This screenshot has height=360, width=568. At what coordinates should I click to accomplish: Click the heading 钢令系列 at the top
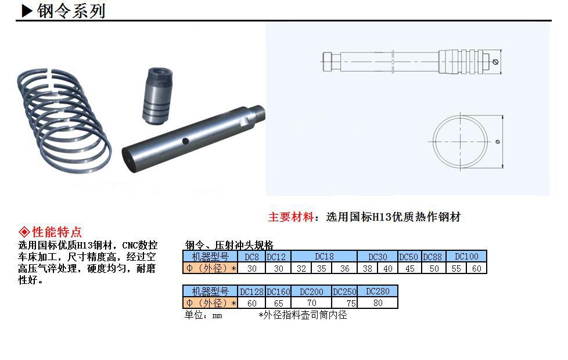coord(71,11)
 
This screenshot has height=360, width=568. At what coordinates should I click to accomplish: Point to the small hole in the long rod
coord(185,141)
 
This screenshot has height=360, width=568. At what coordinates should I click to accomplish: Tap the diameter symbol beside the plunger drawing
coord(495,62)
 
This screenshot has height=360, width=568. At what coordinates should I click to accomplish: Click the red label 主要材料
coord(291,217)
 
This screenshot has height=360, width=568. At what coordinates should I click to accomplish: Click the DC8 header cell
coord(251,257)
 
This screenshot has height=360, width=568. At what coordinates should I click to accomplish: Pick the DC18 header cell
coord(324,257)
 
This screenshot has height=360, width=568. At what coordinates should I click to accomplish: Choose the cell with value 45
coord(410,268)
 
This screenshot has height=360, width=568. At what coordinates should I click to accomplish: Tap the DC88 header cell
coord(434,257)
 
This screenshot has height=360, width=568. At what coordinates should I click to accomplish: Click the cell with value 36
coord(345,268)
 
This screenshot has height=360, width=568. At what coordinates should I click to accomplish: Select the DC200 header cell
coord(312,291)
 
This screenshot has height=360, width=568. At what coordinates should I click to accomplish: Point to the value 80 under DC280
coord(378,303)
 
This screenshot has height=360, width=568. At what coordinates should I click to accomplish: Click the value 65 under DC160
coord(278,303)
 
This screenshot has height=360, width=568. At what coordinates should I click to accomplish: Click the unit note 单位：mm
coord(203,315)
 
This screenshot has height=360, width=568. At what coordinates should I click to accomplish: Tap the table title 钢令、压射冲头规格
coord(229,245)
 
